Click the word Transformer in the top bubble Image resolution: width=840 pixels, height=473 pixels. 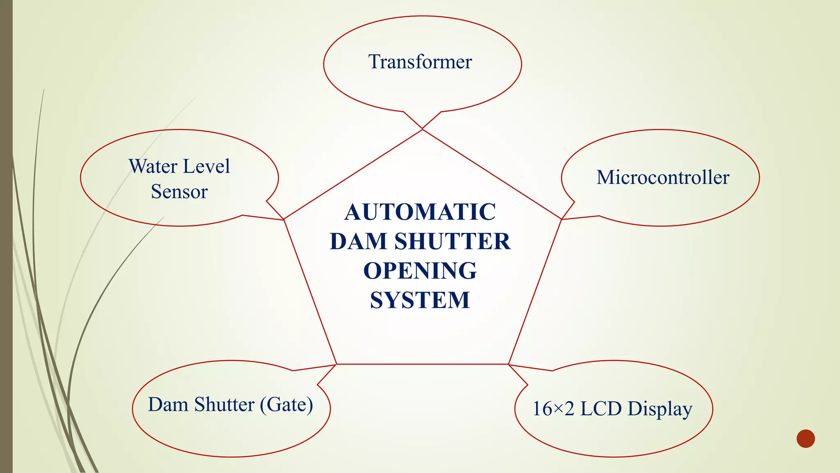pyautogui.click(x=420, y=62)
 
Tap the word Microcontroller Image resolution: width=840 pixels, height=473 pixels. pyautogui.click(x=663, y=178)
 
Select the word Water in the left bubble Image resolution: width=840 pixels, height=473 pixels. pyautogui.click(x=153, y=167)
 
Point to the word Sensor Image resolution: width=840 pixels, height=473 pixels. pyautogui.click(x=179, y=192)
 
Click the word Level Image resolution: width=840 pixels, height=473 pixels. pyautogui.click(x=206, y=167)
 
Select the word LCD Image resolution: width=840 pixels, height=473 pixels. pyautogui.click(x=601, y=409)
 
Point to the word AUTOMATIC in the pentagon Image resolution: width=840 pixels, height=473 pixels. pyautogui.click(x=420, y=212)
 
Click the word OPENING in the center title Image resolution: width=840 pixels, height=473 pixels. pyautogui.click(x=420, y=271)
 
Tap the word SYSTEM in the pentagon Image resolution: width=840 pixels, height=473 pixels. pyautogui.click(x=420, y=300)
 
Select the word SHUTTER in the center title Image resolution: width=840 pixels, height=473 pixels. pyautogui.click(x=452, y=241)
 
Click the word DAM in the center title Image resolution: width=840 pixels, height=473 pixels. pyautogui.click(x=359, y=241)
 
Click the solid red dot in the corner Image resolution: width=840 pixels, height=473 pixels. pyautogui.click(x=806, y=439)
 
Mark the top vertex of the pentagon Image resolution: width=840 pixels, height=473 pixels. pyautogui.click(x=422, y=129)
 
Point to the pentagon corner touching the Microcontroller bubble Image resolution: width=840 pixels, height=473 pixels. pyautogui.click(x=561, y=219)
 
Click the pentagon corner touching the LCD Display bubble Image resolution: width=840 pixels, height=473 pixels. pyautogui.click(x=509, y=364)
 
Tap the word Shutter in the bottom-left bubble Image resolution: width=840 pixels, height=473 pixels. pyautogui.click(x=224, y=405)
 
